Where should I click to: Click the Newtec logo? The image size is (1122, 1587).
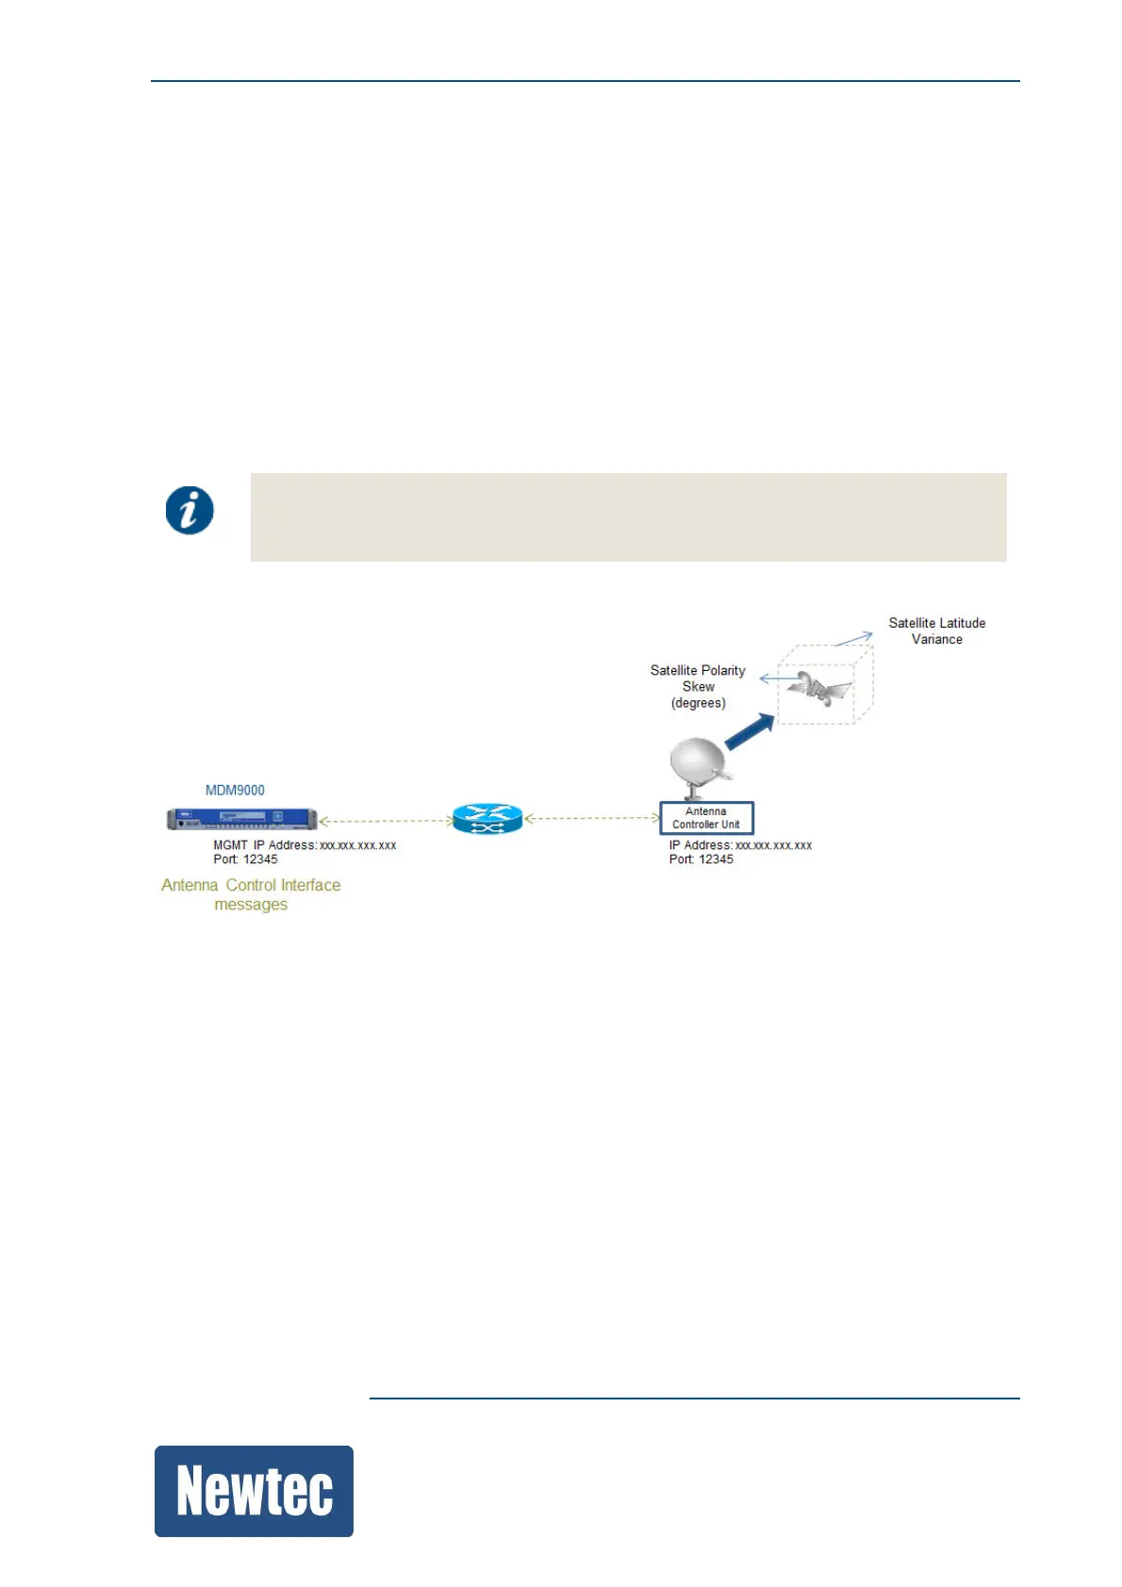[254, 1491]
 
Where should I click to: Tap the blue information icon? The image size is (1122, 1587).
[190, 511]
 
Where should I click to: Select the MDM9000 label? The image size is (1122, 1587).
[235, 790]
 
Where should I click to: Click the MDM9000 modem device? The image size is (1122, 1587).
[241, 819]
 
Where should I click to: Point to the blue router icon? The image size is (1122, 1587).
[487, 819]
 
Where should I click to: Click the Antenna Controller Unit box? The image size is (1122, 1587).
[706, 818]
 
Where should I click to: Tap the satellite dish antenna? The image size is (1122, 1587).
[699, 764]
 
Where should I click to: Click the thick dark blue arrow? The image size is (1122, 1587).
[751, 731]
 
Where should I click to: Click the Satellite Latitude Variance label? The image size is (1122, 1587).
[936, 630]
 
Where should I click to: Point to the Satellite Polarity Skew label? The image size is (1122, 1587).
[698, 678]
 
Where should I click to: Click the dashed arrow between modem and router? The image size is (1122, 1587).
[386, 821]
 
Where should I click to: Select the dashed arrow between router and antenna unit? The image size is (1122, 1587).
[591, 819]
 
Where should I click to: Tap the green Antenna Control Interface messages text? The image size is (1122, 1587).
[251, 894]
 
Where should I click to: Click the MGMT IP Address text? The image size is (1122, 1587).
[305, 845]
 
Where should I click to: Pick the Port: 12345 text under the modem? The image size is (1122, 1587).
[245, 859]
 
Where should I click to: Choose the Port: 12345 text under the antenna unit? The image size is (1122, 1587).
[701, 859]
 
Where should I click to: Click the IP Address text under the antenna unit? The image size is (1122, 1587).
[740, 845]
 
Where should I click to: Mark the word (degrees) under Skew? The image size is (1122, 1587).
[699, 703]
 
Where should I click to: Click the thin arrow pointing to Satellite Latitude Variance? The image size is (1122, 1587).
[853, 639]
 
